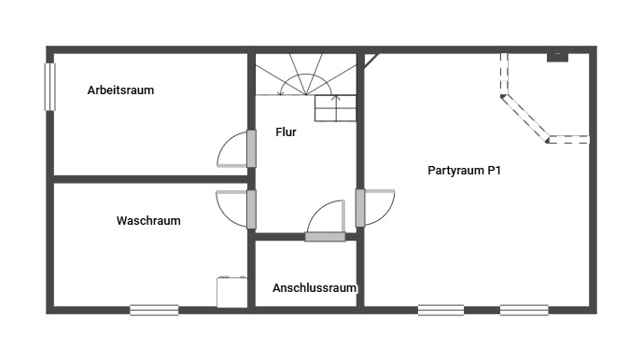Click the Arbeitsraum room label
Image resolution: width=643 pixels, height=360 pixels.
pos(120,90)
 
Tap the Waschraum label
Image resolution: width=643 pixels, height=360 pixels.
pos(148,221)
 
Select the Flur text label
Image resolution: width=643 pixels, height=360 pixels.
pos(286,132)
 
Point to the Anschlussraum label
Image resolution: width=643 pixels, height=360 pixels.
pos(315,288)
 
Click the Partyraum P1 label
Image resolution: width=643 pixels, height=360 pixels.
pos(464,170)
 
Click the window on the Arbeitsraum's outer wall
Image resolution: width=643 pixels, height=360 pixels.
pos(49,87)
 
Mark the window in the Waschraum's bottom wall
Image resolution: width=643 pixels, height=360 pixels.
pos(154,310)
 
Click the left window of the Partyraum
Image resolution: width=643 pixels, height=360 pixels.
pos(440,310)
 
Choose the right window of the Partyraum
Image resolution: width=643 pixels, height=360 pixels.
pos(524,310)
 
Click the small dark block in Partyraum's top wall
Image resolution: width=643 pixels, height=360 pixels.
pos(558,58)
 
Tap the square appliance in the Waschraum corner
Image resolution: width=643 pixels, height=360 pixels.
pos(231,292)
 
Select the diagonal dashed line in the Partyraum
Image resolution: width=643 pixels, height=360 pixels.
pos(524,118)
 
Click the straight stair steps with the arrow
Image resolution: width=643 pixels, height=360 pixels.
pos(335,108)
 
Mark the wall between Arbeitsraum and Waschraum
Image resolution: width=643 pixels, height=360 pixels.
pos(150,179)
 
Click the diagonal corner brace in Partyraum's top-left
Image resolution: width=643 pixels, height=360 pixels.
pos(371,60)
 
